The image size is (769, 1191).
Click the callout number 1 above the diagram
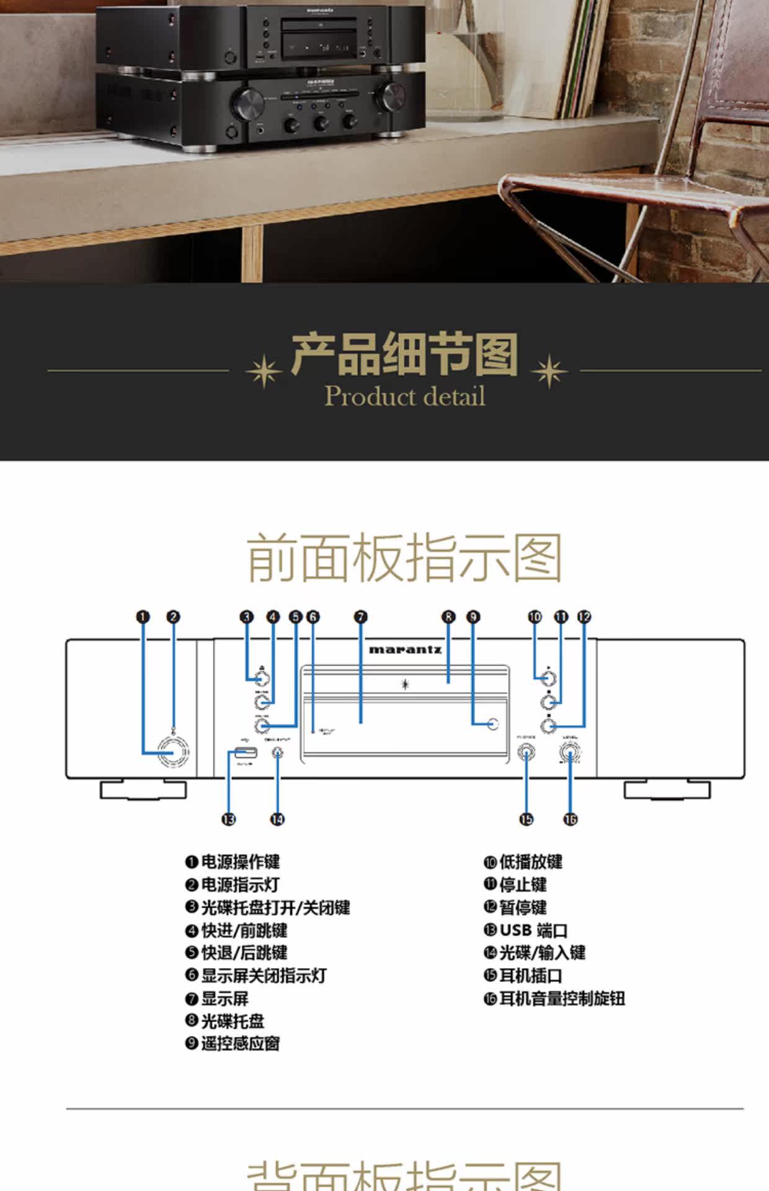[x=143, y=617]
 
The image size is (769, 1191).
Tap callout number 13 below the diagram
[x=229, y=819]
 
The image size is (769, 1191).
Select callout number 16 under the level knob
[x=570, y=819]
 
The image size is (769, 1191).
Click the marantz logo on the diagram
[x=405, y=650]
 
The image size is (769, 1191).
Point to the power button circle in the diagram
[x=172, y=752]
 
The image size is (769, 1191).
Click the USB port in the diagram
[x=246, y=753]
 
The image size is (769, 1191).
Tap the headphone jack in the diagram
[x=527, y=754]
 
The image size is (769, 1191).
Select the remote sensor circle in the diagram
[x=493, y=724]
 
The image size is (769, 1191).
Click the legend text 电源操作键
[x=240, y=862]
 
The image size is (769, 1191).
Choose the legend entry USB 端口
[x=533, y=930]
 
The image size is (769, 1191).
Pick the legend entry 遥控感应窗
[x=240, y=1044]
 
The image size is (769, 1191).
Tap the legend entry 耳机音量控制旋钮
[x=562, y=999]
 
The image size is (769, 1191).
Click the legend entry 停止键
[x=523, y=885]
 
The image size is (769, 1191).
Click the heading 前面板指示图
[x=404, y=558]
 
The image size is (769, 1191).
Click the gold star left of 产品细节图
[x=264, y=371]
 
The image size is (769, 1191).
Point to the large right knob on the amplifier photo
[x=393, y=96]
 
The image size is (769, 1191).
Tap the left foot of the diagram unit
[x=143, y=790]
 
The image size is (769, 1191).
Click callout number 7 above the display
[x=361, y=617]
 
